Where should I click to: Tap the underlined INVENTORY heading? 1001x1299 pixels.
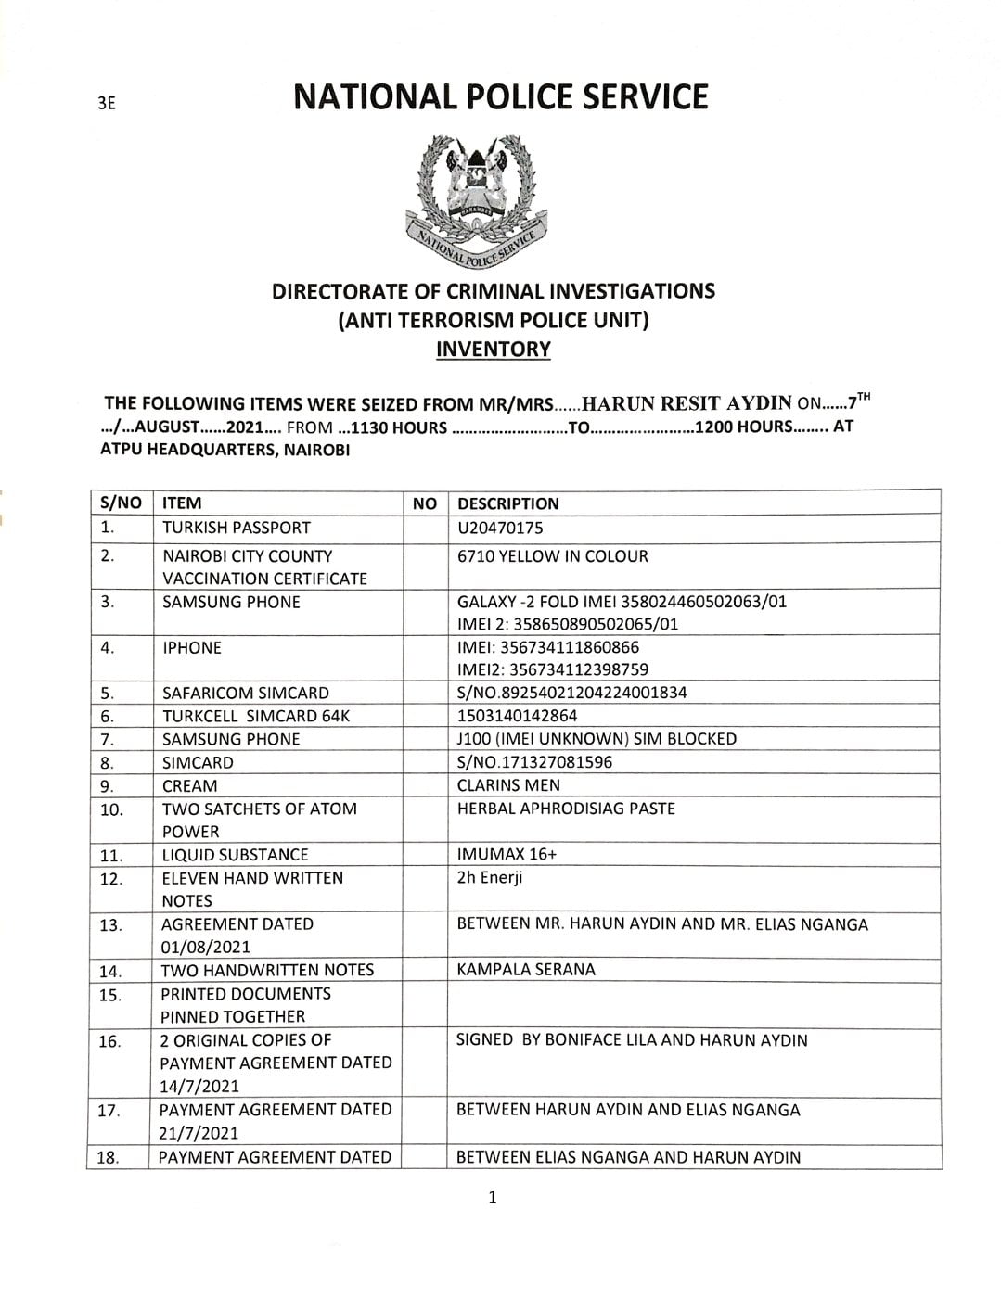(x=493, y=350)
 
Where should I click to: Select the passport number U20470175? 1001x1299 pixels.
(x=500, y=528)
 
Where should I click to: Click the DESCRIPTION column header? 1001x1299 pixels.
(x=508, y=503)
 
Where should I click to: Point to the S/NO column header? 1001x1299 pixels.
(x=119, y=503)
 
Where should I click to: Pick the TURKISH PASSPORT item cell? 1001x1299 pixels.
(x=236, y=528)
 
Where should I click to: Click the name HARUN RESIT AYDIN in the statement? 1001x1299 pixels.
(x=686, y=402)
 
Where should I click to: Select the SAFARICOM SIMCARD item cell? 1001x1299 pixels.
(x=245, y=693)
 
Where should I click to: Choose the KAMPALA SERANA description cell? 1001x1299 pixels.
(x=526, y=970)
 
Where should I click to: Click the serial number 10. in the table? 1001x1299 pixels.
(x=110, y=809)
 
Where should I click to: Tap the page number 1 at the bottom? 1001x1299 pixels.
(x=493, y=1197)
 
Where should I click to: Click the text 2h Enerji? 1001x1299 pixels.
(x=490, y=877)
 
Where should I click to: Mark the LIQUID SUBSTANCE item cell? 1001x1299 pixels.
(x=235, y=854)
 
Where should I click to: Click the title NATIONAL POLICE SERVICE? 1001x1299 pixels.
(x=500, y=97)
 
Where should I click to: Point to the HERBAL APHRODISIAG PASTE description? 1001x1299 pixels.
(x=566, y=809)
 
